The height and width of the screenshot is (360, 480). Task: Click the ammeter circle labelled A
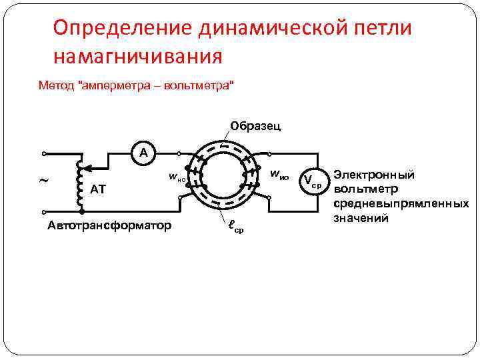pos(143,153)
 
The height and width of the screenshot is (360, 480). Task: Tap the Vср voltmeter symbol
pos(312,181)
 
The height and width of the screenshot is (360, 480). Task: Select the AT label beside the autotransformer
pos(98,189)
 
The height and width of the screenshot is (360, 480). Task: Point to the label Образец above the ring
pos(255,126)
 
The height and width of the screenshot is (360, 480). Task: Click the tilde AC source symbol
pos(44,181)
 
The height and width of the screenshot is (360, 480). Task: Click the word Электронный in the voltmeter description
pos(374,175)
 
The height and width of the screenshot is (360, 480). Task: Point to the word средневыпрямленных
pos(401,203)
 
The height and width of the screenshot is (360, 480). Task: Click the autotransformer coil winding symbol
pos(81,180)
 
